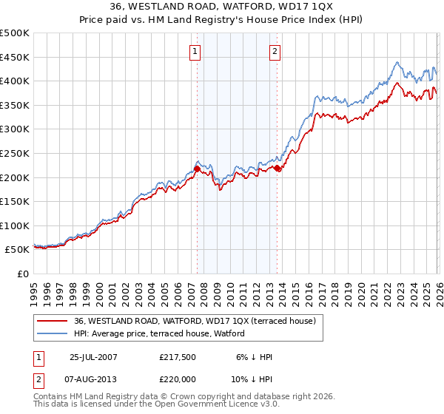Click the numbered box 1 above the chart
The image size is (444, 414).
[x=195, y=52]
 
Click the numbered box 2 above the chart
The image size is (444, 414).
[x=275, y=52]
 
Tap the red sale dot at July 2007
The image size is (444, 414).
[x=197, y=169]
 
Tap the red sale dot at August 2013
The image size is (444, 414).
[x=277, y=169]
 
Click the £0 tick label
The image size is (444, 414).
[x=22, y=274]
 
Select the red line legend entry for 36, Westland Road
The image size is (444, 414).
[x=195, y=321]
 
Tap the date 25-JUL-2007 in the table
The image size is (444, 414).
[x=92, y=357]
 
